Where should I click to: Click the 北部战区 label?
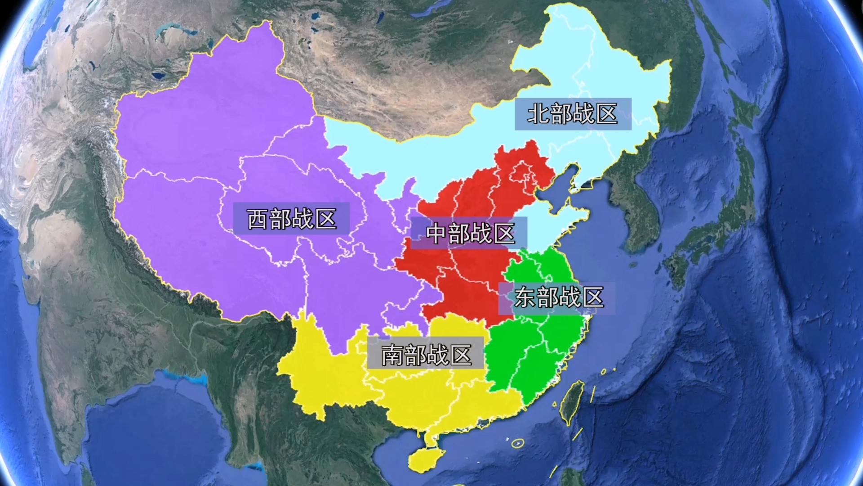tap(573, 114)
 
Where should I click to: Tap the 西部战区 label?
tap(291, 219)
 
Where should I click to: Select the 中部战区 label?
tap(469, 233)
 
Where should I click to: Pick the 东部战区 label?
tap(557, 297)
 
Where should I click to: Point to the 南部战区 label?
tap(426, 355)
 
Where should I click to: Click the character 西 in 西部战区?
tap(257, 219)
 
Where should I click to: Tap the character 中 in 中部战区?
tap(436, 234)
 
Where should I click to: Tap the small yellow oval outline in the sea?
tap(518, 443)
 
